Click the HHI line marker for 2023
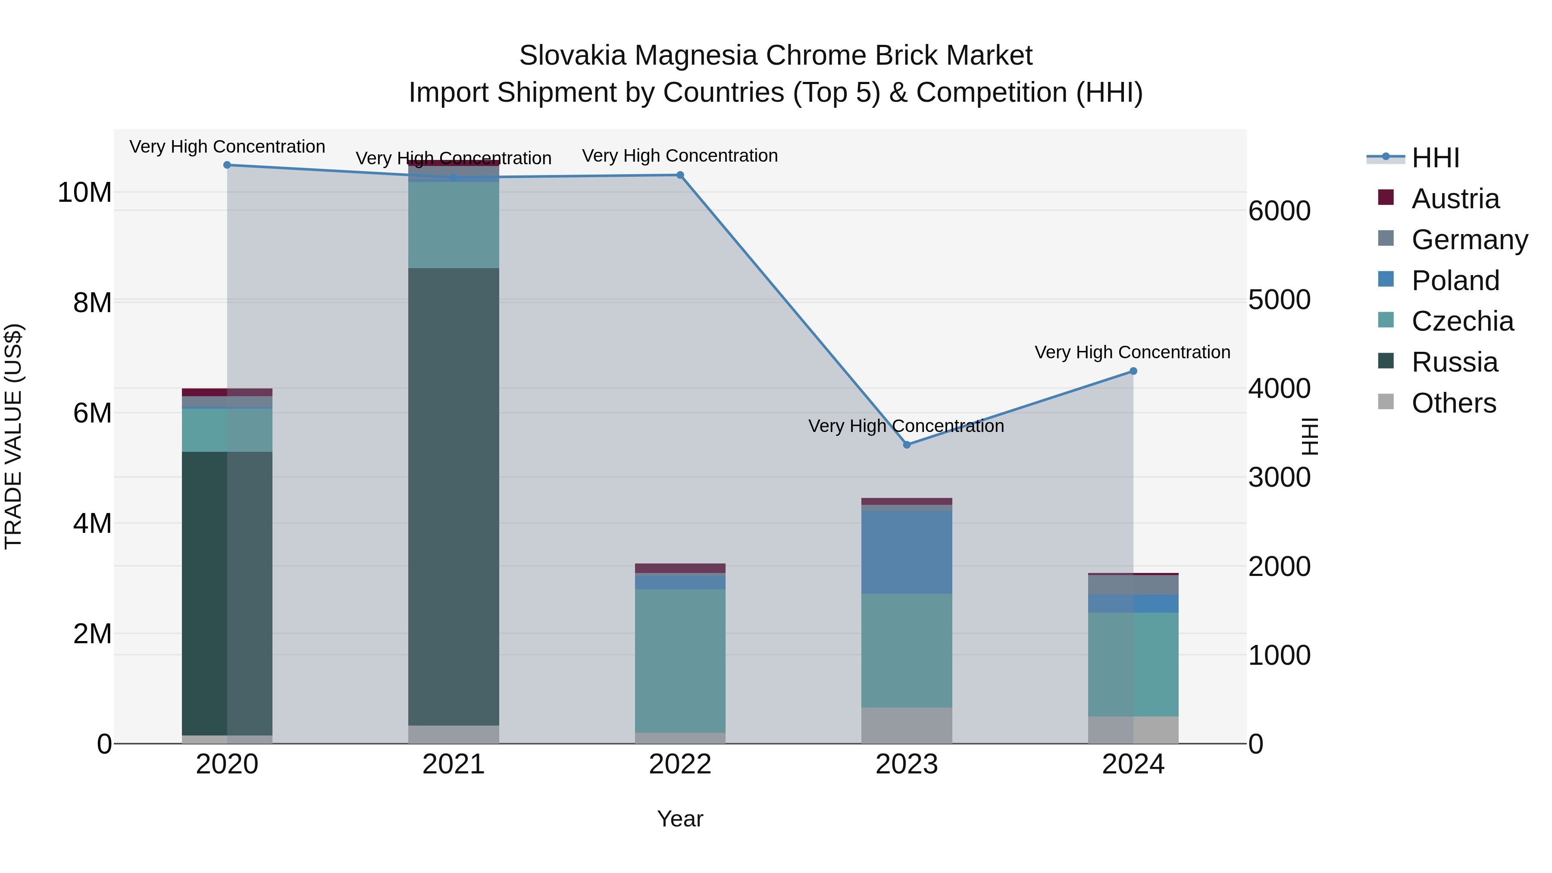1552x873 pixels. point(907,444)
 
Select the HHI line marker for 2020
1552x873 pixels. point(227,165)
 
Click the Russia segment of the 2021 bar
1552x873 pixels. point(454,497)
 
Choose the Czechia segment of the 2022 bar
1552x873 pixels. point(680,660)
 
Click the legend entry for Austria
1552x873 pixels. point(1455,199)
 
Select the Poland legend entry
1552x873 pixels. point(1455,281)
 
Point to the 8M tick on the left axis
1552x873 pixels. point(92,303)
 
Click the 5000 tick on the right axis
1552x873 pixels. point(1279,300)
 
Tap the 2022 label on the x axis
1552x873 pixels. point(680,764)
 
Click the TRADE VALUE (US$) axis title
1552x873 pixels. point(13,436)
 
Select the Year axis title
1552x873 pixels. point(680,819)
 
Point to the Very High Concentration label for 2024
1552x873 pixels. point(1132,353)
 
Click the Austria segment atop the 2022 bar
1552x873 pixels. point(680,568)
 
